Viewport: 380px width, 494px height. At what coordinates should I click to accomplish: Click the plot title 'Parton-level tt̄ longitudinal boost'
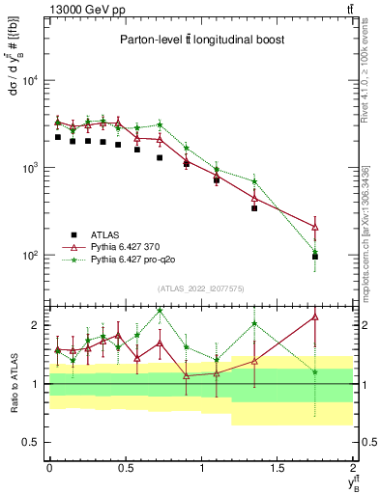201,40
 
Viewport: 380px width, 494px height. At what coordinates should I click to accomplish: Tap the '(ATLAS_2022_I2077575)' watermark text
201,288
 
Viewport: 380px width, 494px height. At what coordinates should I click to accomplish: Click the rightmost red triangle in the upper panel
316,228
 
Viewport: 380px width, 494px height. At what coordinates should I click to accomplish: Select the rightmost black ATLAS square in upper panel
316,257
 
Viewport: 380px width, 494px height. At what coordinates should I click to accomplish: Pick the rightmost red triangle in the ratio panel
316,316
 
